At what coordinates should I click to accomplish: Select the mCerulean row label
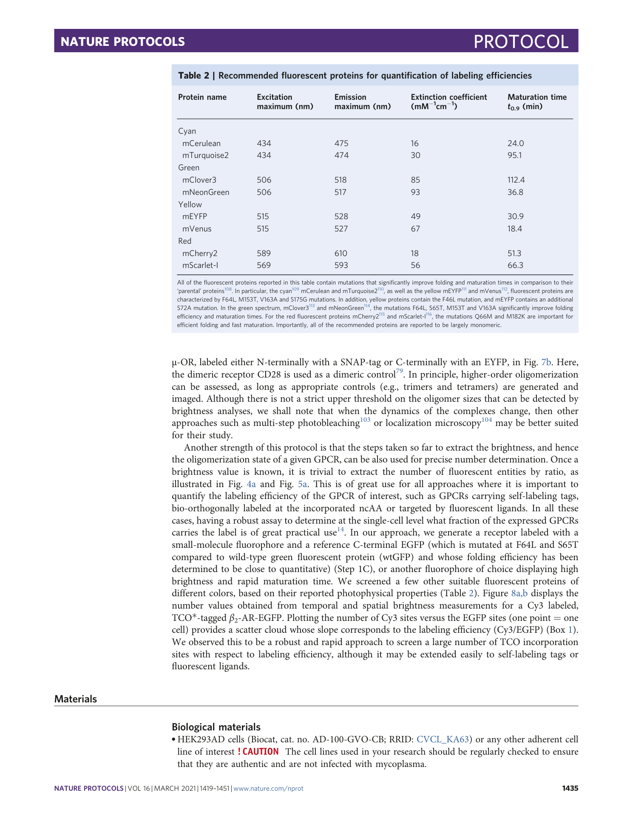[202, 144]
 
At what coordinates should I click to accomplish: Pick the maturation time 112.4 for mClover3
[516, 180]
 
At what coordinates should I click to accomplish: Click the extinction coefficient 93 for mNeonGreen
[415, 192]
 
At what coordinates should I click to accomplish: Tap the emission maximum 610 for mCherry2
[341, 254]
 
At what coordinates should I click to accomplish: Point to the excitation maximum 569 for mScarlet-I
[264, 265]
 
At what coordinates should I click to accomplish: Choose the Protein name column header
[202, 97]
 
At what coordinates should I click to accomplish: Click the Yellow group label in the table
[190, 205]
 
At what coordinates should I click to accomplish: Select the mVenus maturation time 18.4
[514, 229]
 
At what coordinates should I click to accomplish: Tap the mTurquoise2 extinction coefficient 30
[415, 155]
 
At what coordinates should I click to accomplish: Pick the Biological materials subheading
[216, 727]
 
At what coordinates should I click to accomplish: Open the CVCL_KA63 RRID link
[443, 739]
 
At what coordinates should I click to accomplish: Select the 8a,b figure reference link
[519, 594]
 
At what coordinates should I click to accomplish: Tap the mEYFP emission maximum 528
[341, 217]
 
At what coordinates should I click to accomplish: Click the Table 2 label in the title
[193, 76]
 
